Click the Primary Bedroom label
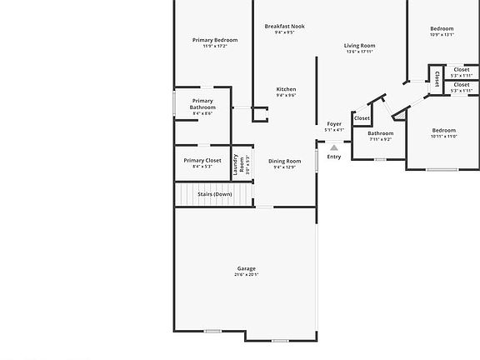[215, 40]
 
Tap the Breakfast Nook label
[285, 26]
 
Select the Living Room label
[360, 46]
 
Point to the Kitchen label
[286, 89]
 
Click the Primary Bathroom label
[202, 104]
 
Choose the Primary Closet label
[202, 160]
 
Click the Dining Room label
[284, 161]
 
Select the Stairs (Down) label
[214, 194]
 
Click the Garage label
[246, 268]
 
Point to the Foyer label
[334, 123]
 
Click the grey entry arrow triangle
[334, 147]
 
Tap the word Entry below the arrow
[334, 157]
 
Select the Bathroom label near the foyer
[380, 132]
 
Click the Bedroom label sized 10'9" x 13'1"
[442, 28]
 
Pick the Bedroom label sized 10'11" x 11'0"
[443, 130]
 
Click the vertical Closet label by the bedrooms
[437, 78]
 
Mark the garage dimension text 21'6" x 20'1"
[246, 275]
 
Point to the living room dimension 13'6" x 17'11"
[360, 52]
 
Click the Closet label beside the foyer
[362, 118]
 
